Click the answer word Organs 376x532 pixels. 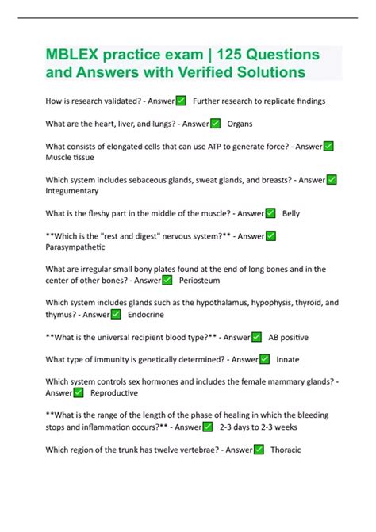pyautogui.click(x=240, y=124)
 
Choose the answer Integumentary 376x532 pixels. pyautogui.click(x=72, y=191)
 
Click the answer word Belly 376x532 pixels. pyautogui.click(x=291, y=213)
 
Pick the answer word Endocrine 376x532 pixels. pyautogui.click(x=146, y=314)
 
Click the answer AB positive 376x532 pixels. pyautogui.click(x=289, y=337)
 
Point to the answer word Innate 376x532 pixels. pyautogui.click(x=288, y=359)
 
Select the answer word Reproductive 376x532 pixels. pyautogui.click(x=114, y=393)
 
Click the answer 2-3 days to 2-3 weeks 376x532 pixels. pyautogui.click(x=259, y=427)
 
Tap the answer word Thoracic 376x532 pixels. pyautogui.click(x=286, y=450)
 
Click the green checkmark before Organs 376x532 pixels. pyautogui.click(x=215, y=124)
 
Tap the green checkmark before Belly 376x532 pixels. pyautogui.click(x=270, y=213)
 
